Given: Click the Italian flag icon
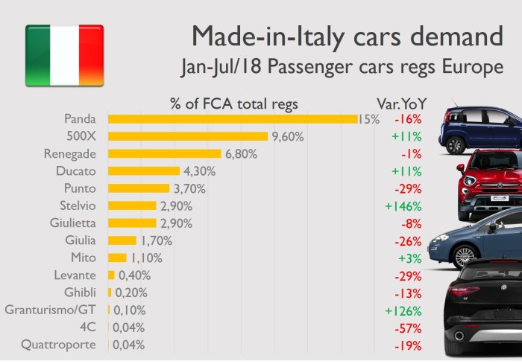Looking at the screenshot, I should pos(64,55).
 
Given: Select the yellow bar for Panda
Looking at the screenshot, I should pos(233,119).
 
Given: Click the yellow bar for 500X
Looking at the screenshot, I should pos(187,136).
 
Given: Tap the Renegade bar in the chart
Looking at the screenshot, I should pos(165,153).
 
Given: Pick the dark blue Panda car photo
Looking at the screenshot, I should pos(482,129).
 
